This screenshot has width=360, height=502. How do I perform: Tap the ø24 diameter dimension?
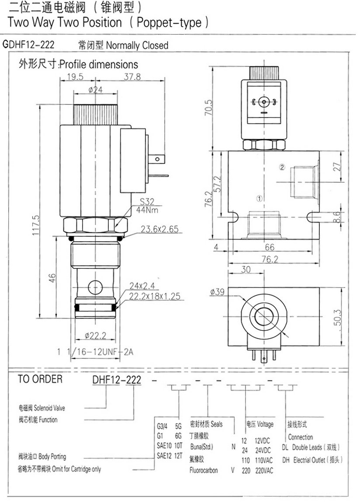pyautogui.click(x=95, y=90)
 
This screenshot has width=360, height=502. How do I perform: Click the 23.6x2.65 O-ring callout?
pyautogui.click(x=159, y=228)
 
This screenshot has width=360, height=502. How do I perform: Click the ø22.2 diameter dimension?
pyautogui.click(x=95, y=336)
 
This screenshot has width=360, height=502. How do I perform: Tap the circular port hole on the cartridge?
pyautogui.click(x=94, y=287)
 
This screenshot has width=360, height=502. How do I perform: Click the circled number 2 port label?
pyautogui.click(x=282, y=167)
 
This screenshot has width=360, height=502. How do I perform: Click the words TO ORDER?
pyautogui.click(x=40, y=379)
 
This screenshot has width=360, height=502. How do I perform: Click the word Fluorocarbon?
pyautogui.click(x=204, y=470)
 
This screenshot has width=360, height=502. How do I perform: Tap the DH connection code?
pyautogui.click(x=286, y=460)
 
